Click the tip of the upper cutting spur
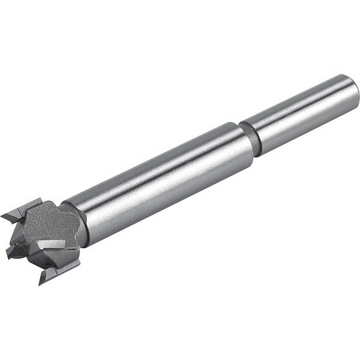[x=3, y=215]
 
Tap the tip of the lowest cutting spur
[x=41, y=281]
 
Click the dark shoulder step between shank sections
[x=254, y=137]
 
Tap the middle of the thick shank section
[x=162, y=180]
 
